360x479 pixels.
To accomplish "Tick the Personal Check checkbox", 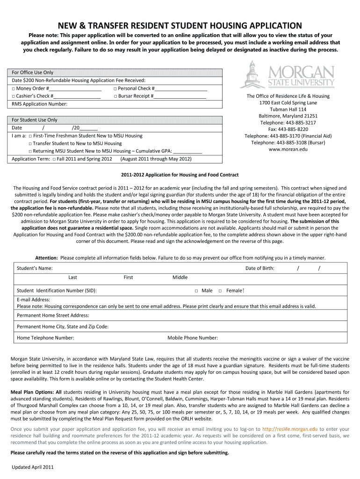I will (115, 88).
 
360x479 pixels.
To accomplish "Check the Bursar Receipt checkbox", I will (115, 96).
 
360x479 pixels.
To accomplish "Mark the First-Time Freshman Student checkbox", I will (30, 136).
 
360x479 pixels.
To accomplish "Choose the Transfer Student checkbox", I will (30, 144).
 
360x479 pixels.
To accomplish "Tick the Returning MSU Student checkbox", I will (30, 151).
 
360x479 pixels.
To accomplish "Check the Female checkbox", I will (220, 291).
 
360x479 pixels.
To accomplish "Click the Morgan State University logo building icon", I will (252, 75).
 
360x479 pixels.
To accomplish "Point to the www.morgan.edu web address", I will (288, 149).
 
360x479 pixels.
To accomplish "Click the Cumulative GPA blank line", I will (187, 152).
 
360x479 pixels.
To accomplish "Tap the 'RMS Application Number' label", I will (39, 104).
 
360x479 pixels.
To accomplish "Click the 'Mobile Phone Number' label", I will (193, 338).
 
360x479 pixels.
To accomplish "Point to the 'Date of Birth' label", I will (260, 268).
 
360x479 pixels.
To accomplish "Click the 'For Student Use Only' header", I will (35, 120).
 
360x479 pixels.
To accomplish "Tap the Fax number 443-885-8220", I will (288, 129).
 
